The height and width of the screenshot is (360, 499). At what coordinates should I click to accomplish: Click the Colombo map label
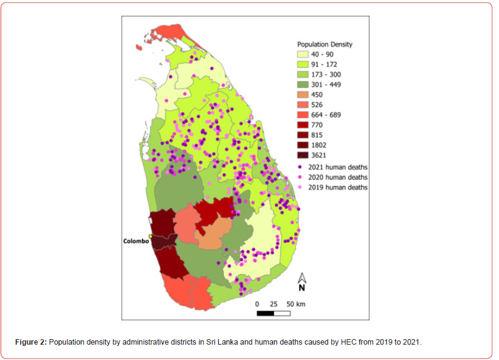[x=136, y=241]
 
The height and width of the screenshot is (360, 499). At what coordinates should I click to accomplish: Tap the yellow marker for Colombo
[x=151, y=237]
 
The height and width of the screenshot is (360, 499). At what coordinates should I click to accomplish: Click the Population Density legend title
[x=324, y=44]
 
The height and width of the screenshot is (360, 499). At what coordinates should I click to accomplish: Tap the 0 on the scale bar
[x=257, y=304]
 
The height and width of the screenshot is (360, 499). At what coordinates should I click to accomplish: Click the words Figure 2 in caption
[x=31, y=342]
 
